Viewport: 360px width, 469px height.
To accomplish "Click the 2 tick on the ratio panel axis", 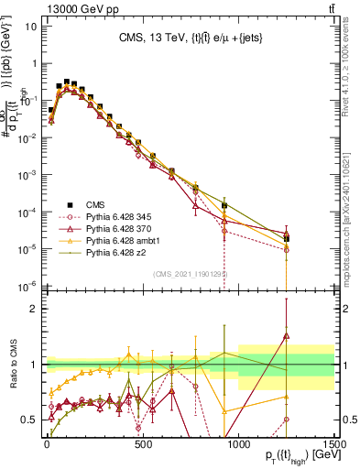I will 34,309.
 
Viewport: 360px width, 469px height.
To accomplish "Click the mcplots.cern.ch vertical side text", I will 352,211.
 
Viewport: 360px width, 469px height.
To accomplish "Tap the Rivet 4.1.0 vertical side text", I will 352,73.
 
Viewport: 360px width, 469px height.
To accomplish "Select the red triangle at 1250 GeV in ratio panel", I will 287,336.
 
